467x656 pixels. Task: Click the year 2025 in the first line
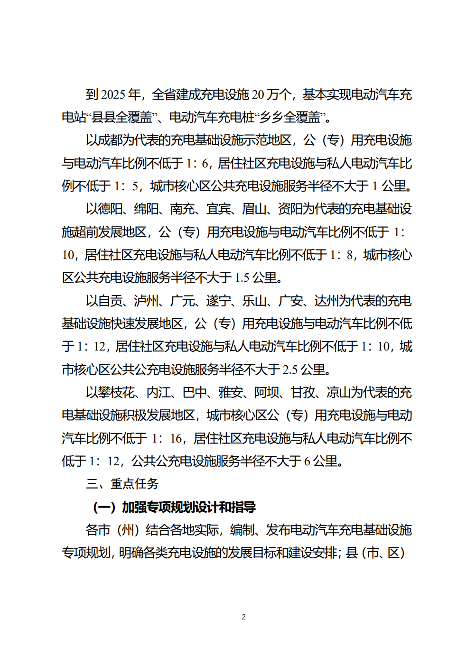click(113, 94)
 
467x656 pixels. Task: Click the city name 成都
click(110, 140)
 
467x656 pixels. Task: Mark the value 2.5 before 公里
click(290, 370)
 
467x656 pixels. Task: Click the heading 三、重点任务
click(122, 484)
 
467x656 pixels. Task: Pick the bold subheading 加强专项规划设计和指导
click(188, 507)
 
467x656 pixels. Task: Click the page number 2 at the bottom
click(244, 617)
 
